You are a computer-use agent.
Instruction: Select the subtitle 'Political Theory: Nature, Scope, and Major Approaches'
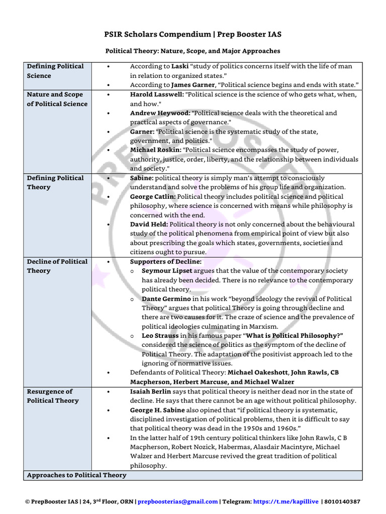[192, 51]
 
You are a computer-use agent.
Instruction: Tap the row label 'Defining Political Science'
[55, 71]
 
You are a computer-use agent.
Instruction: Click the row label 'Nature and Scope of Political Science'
[57, 99]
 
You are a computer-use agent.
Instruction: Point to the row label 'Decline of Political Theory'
[57, 266]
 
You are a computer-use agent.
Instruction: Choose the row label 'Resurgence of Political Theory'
[53, 396]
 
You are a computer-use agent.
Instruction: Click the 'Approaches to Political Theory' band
[76, 475]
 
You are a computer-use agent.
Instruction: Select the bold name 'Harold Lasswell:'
[156, 94]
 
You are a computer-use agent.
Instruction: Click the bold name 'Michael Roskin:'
[156, 150]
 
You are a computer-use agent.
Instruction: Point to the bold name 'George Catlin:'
[153, 197]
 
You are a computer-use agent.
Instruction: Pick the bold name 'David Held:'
[149, 224]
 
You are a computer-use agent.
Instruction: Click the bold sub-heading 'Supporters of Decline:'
[165, 262]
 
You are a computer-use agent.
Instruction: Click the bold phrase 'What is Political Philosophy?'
[291, 336]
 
